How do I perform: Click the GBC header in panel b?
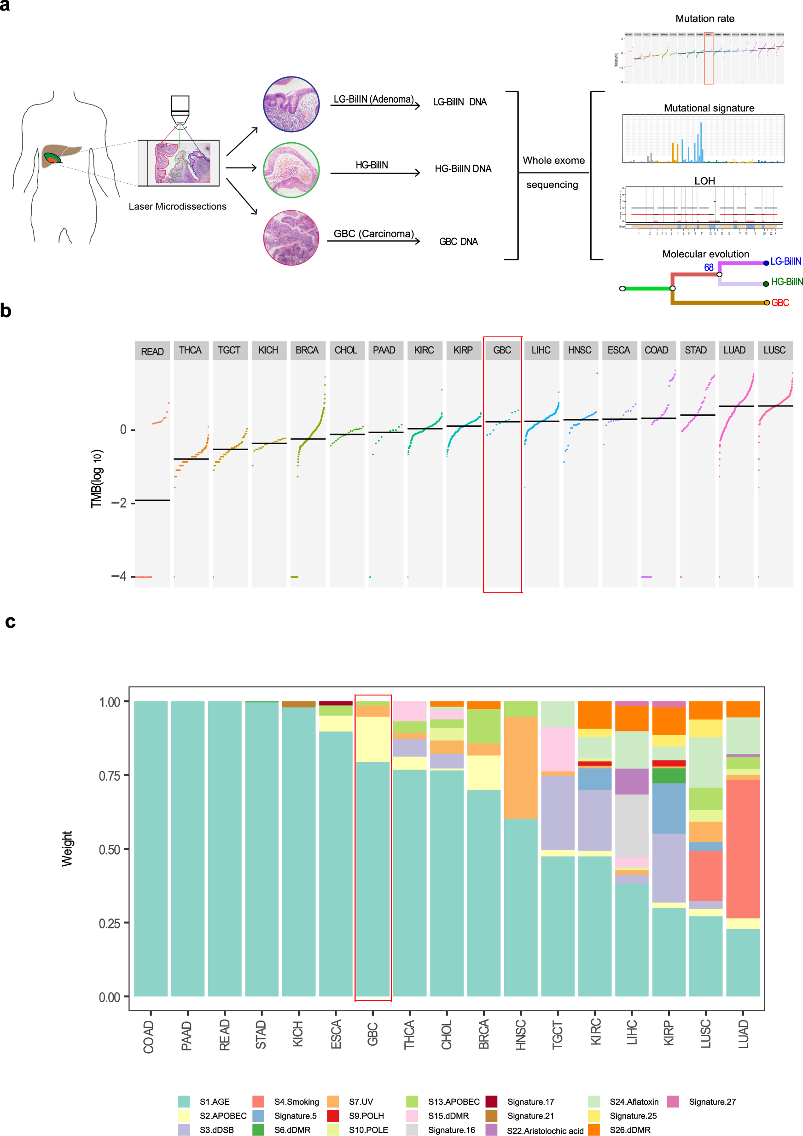pyautogui.click(x=502, y=350)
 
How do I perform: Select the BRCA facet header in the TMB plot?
pyautogui.click(x=307, y=350)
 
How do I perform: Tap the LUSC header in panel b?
pyautogui.click(x=774, y=350)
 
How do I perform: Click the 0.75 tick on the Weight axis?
pyautogui.click(x=110, y=775)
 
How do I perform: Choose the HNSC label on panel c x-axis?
pyautogui.click(x=520, y=1034)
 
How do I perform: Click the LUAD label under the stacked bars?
pyautogui.click(x=743, y=1034)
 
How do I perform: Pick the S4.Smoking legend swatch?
pyautogui.click(x=258, y=1101)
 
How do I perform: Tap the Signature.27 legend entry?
pyautogui.click(x=712, y=1101)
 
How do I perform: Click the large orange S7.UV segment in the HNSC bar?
pyautogui.click(x=520, y=767)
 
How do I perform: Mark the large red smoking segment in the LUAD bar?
pyautogui.click(x=743, y=848)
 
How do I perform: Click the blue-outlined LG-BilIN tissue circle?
pyautogui.click(x=291, y=104)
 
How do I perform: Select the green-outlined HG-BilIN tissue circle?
pyautogui.click(x=291, y=170)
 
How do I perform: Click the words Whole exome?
pyautogui.click(x=553, y=160)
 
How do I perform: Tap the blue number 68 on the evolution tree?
pyautogui.click(x=709, y=267)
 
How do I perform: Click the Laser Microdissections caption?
pyautogui.click(x=177, y=206)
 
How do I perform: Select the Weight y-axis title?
pyautogui.click(x=67, y=848)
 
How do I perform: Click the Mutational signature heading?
pyautogui.click(x=709, y=108)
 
